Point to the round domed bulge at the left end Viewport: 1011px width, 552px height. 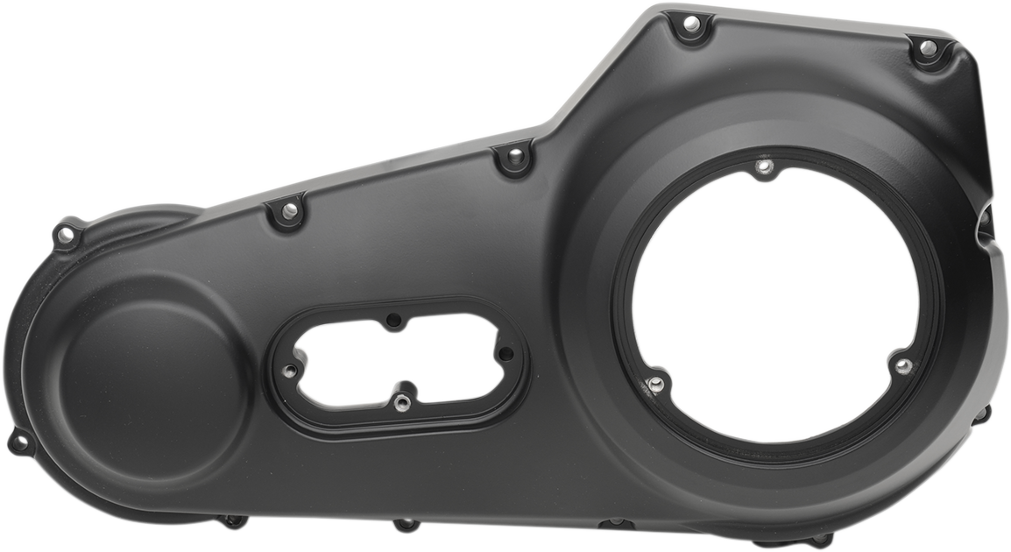click(145, 378)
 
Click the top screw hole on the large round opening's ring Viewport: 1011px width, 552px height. click(765, 166)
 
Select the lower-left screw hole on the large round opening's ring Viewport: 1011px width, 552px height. click(654, 383)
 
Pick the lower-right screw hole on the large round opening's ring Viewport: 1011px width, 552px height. click(902, 364)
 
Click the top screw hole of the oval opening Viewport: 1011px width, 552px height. click(393, 321)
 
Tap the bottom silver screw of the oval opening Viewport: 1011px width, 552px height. click(400, 403)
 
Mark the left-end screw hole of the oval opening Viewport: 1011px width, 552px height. click(288, 372)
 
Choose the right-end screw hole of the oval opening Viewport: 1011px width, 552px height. click(505, 353)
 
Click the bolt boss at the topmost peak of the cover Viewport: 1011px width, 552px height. click(691, 25)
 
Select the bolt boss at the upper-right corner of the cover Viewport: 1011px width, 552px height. click(927, 48)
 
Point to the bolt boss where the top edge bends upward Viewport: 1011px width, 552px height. click(514, 158)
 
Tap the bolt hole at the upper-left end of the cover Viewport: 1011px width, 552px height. click(64, 234)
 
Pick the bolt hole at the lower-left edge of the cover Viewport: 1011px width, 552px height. click(19, 442)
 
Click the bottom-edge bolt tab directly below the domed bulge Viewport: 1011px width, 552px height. click(232, 521)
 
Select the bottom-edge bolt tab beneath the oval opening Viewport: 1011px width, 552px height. click(406, 526)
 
